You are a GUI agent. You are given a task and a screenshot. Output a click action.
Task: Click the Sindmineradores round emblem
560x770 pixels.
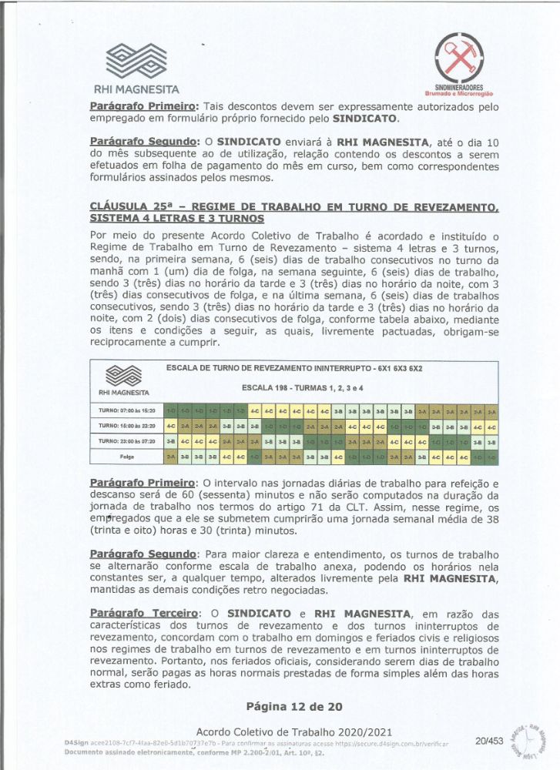pos(458,59)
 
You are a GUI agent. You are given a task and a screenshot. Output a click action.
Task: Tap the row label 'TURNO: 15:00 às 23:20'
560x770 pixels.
pos(126,426)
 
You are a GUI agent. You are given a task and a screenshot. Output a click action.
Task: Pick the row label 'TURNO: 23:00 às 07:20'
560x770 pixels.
pos(126,441)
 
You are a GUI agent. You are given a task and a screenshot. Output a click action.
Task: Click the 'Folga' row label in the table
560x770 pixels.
pos(126,457)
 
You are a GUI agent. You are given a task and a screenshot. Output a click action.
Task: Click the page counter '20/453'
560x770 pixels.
pos(489,741)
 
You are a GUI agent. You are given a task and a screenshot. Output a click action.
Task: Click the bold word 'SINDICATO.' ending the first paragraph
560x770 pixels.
pos(365,120)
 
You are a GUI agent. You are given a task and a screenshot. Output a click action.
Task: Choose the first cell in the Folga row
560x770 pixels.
pos(171,457)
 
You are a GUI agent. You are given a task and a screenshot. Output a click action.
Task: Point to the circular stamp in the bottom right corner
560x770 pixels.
pos(531,741)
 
